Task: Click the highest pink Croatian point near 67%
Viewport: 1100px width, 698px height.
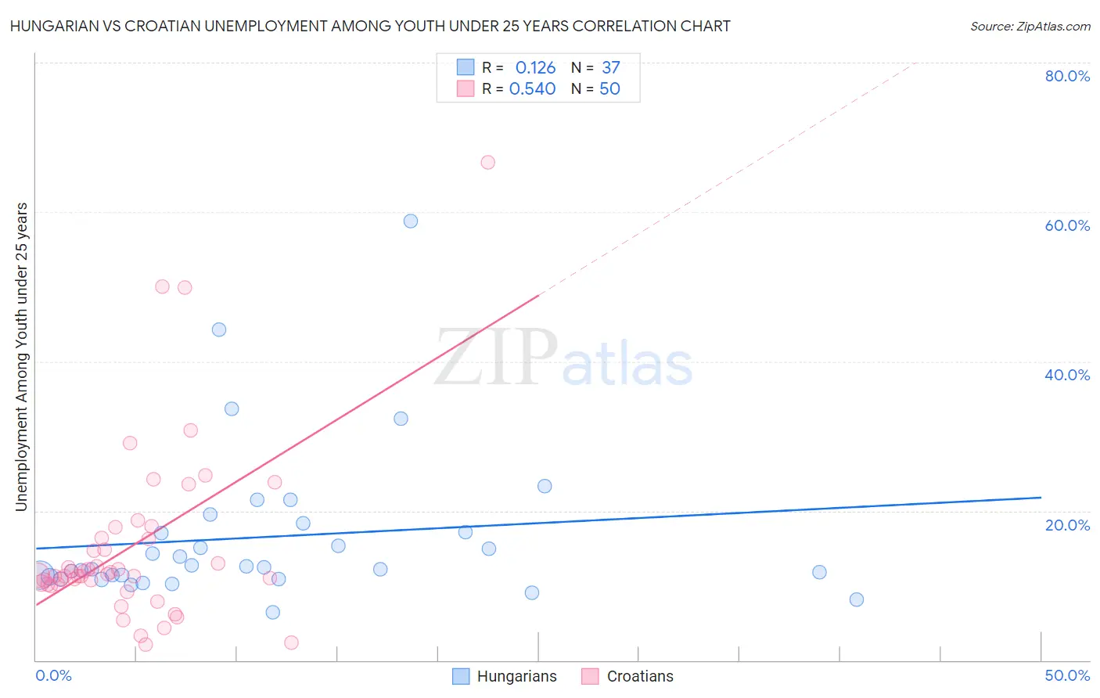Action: click(487, 163)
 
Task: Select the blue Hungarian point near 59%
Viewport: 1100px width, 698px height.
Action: click(411, 221)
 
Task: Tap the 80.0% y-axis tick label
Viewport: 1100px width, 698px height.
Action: click(1067, 76)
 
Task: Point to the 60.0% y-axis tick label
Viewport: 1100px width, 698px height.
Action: click(1067, 225)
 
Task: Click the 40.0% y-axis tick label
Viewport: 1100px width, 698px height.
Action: click(1067, 375)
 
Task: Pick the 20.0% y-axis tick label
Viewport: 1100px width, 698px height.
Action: click(1067, 525)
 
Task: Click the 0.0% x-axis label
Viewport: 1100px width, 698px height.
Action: click(53, 675)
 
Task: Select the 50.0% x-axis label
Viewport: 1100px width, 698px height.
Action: click(1067, 675)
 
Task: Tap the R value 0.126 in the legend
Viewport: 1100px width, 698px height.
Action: click(535, 68)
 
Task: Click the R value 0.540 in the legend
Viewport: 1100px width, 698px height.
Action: click(532, 89)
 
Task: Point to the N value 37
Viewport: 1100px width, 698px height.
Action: click(610, 68)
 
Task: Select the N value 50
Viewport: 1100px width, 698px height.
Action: click(609, 89)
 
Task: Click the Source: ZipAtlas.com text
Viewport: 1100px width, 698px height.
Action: click(1030, 27)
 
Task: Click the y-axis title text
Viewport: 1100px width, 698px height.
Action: click(21, 357)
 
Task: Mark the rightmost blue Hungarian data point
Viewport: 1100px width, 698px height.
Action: click(857, 599)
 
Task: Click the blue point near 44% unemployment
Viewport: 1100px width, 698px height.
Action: click(219, 330)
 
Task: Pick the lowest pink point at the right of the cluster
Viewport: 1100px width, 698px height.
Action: click(291, 642)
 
